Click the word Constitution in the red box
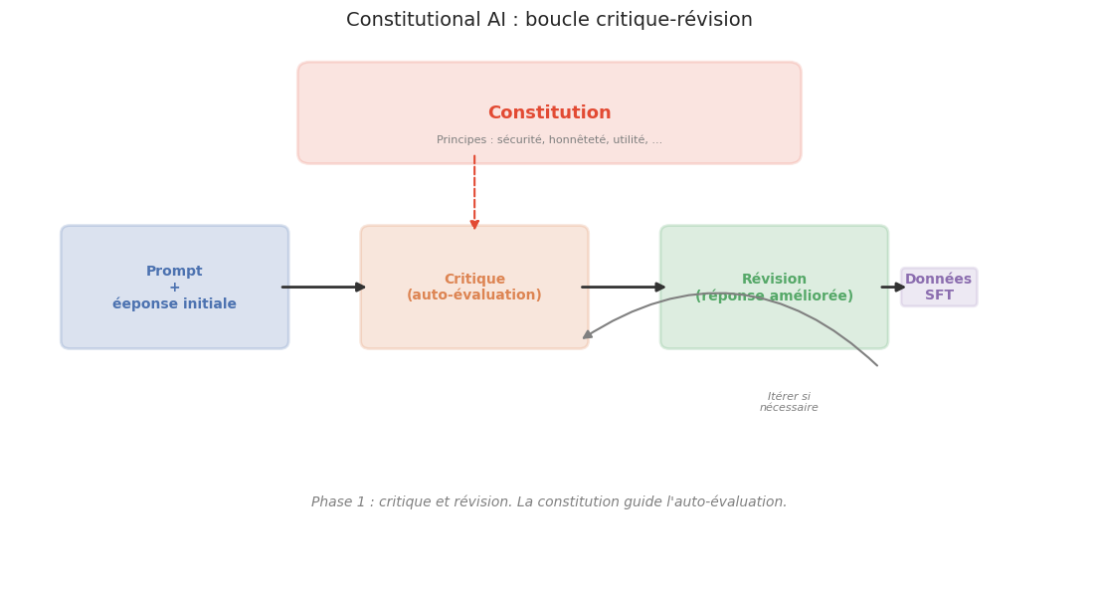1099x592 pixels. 549,113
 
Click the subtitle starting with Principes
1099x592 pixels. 549,140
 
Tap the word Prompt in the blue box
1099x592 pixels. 174,272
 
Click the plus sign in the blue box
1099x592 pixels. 174,288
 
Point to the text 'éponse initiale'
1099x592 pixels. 174,304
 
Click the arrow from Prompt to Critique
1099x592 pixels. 324,288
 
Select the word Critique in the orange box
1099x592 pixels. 474,280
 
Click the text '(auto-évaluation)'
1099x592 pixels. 474,296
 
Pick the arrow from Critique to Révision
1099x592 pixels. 624,288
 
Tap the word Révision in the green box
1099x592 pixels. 774,280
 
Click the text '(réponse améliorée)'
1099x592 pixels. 774,296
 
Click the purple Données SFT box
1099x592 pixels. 939,288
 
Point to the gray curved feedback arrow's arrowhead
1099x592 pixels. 588,335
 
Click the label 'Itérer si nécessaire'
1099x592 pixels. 789,402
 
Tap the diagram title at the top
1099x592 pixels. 549,20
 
